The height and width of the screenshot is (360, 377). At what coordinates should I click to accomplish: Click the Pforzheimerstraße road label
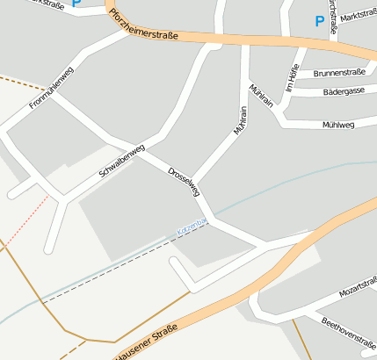tap(144, 25)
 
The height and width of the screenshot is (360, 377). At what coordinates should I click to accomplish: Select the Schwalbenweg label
tap(120, 162)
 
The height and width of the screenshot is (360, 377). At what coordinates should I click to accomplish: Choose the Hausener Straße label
tap(146, 342)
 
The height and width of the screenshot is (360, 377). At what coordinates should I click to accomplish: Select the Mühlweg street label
tap(338, 125)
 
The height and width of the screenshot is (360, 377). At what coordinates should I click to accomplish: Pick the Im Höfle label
tap(294, 78)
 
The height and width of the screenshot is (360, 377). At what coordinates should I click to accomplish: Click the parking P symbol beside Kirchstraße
tap(319, 21)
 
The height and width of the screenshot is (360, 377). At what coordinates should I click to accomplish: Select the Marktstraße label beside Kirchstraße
tap(359, 15)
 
